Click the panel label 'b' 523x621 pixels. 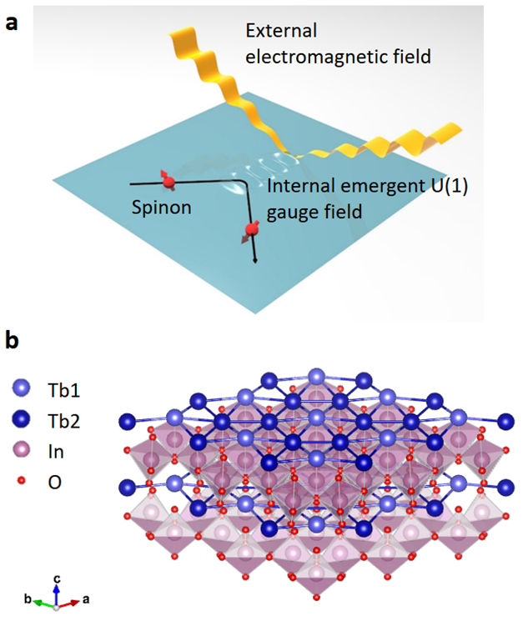(x=13, y=340)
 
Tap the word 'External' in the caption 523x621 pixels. (x=281, y=31)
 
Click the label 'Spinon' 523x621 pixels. (x=162, y=207)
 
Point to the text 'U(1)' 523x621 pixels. (x=449, y=186)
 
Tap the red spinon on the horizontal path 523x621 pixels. (x=168, y=182)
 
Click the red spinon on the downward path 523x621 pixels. (x=251, y=231)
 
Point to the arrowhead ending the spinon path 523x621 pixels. (x=254, y=260)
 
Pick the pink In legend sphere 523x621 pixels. (x=22, y=450)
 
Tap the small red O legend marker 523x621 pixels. (x=22, y=481)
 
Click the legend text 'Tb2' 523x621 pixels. (x=63, y=421)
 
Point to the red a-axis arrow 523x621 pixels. (x=69, y=603)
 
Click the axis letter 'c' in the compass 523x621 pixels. (x=57, y=579)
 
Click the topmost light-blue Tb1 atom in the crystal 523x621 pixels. (x=316, y=377)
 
